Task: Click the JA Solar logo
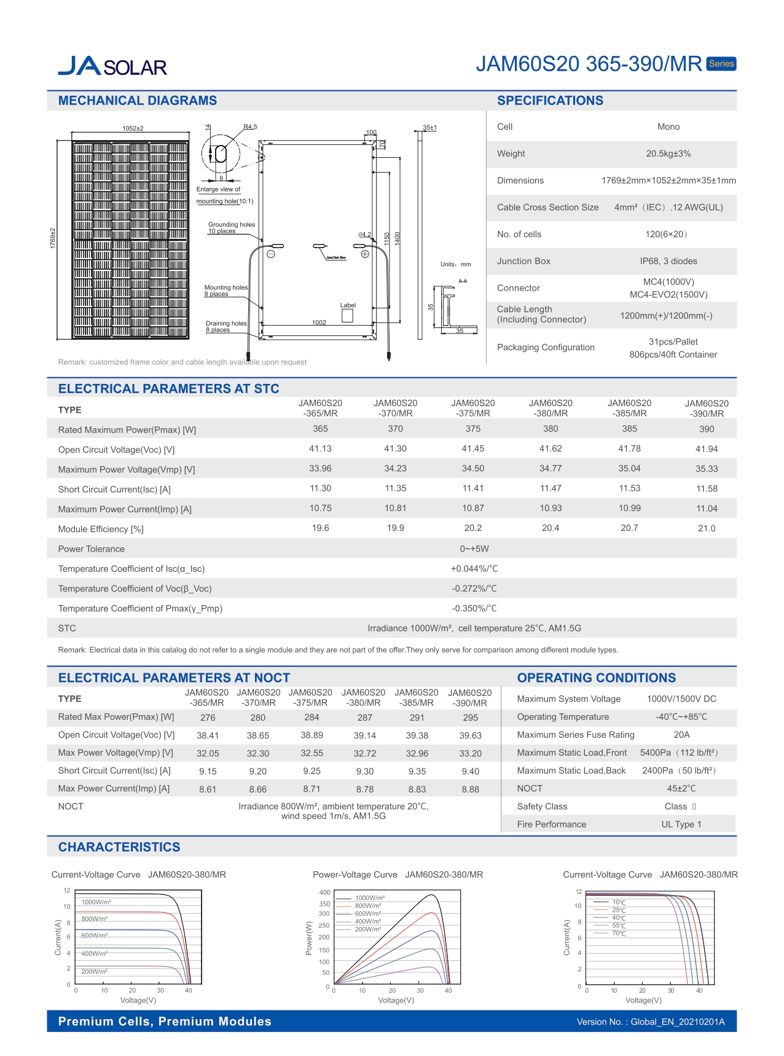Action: pos(112,66)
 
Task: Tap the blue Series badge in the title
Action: pos(721,64)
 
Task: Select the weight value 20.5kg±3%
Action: pos(668,154)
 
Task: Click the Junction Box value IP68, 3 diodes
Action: pos(668,261)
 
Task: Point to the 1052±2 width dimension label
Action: pos(133,128)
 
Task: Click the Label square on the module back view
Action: pos(347,316)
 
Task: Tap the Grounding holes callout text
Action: pos(231,227)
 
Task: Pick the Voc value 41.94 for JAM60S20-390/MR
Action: pos(706,449)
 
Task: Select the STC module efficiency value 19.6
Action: pos(320,528)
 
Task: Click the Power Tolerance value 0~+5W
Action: pos(474,549)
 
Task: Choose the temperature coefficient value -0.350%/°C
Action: pos(474,608)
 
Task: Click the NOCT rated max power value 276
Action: pos(208,718)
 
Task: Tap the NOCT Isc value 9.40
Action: pos(470,772)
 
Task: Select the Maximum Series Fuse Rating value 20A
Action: pos(681,735)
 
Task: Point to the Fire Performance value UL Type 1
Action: pos(681,824)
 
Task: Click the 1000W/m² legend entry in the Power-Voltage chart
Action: pos(370,898)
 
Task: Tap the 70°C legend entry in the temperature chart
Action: pos(619,934)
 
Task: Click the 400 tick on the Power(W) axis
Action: pos(324,893)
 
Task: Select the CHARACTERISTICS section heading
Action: pos(119,847)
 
